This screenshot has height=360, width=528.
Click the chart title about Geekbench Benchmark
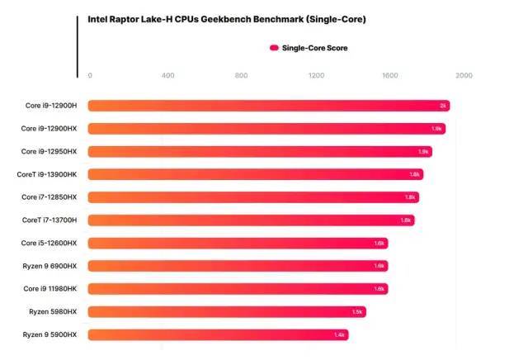pyautogui.click(x=226, y=18)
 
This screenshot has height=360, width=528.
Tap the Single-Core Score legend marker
pyautogui.click(x=274, y=48)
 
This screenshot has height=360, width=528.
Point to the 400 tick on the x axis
pyautogui.click(x=168, y=76)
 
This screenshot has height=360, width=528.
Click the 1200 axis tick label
pyautogui.click(x=316, y=76)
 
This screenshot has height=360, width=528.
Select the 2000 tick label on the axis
pyautogui.click(x=464, y=76)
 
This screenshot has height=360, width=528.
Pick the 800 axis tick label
pyautogui.click(x=242, y=76)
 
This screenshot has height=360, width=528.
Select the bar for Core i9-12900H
pyautogui.click(x=268, y=106)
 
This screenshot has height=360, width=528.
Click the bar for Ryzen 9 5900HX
pyautogui.click(x=218, y=334)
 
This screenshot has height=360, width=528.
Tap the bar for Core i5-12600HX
pyautogui.click(x=238, y=243)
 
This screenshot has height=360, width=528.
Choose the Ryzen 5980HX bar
pyautogui.click(x=227, y=311)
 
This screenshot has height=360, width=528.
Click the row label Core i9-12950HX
pyautogui.click(x=49, y=151)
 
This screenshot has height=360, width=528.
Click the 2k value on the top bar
pyautogui.click(x=443, y=106)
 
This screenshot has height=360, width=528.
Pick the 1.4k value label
pyautogui.click(x=340, y=334)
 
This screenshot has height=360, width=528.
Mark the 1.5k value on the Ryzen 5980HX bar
pyautogui.click(x=357, y=311)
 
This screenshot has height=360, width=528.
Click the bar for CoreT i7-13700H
pyautogui.click(x=251, y=220)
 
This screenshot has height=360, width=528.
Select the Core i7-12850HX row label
pyautogui.click(x=49, y=197)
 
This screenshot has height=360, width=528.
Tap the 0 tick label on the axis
pyautogui.click(x=90, y=76)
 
